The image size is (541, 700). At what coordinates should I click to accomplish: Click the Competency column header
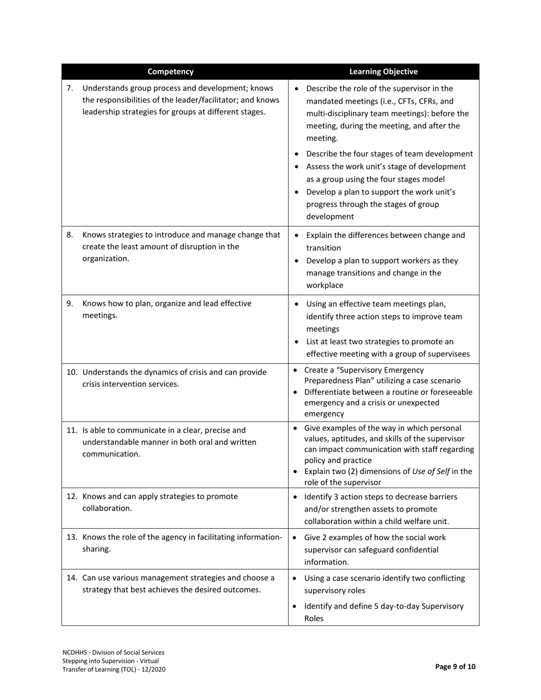tap(170, 72)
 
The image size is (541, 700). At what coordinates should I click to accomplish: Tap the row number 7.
tap(70, 88)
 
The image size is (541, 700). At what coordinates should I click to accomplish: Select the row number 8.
tap(70, 234)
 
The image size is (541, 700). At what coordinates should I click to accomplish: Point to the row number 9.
tap(70, 303)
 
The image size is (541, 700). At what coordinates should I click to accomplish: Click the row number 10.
tap(72, 372)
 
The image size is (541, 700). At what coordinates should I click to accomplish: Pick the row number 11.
tap(72, 430)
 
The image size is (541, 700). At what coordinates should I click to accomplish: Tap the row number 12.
tap(72, 496)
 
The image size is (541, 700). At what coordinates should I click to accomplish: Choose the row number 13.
tap(72, 537)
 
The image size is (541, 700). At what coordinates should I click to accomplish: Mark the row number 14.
tap(72, 578)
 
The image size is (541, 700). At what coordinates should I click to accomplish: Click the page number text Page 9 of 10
tap(455, 667)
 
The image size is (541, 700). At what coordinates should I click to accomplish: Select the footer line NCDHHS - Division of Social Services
tap(113, 652)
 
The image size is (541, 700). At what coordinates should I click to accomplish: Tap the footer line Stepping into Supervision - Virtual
tap(110, 661)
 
